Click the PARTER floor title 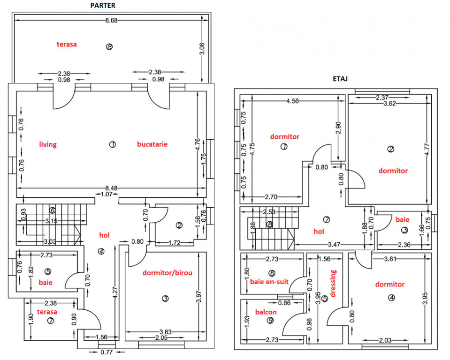(x=103, y=6)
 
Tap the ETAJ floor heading (x=340, y=79)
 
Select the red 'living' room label (x=48, y=144)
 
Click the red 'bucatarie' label (x=153, y=144)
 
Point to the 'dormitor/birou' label (x=168, y=273)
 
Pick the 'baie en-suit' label (x=269, y=282)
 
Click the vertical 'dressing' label (x=333, y=283)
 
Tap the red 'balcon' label (x=266, y=312)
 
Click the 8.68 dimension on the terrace (x=111, y=20)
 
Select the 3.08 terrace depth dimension (x=202, y=49)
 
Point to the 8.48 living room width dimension (x=111, y=188)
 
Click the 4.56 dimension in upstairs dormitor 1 (x=292, y=101)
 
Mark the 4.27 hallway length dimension (x=115, y=293)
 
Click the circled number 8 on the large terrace (x=109, y=46)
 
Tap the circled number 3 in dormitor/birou (x=165, y=299)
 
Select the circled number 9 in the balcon (x=270, y=321)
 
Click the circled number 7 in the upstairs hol (x=326, y=220)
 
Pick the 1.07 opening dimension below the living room (x=107, y=195)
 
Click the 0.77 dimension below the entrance (x=107, y=352)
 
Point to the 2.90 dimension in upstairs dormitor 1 (x=338, y=128)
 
